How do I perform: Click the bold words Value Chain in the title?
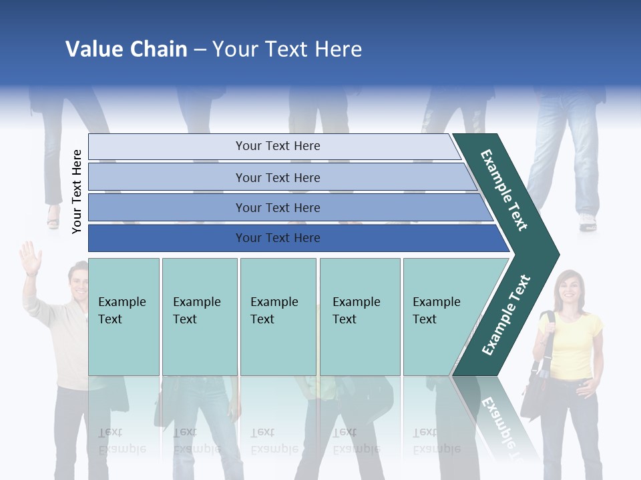[x=126, y=49]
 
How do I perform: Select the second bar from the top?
[x=277, y=177]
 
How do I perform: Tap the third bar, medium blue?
[x=277, y=207]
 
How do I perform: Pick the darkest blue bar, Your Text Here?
[x=277, y=238]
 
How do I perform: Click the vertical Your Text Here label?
[x=77, y=191]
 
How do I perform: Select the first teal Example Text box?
[x=124, y=317]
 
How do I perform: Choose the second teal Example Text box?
[x=199, y=317]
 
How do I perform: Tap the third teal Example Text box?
[x=278, y=317]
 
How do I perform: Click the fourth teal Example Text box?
[x=359, y=317]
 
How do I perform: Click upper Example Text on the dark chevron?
[x=505, y=190]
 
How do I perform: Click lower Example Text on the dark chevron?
[x=506, y=315]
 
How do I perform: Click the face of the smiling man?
[x=79, y=283]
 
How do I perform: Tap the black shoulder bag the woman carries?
[x=534, y=393]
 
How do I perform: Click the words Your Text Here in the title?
[x=287, y=49]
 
